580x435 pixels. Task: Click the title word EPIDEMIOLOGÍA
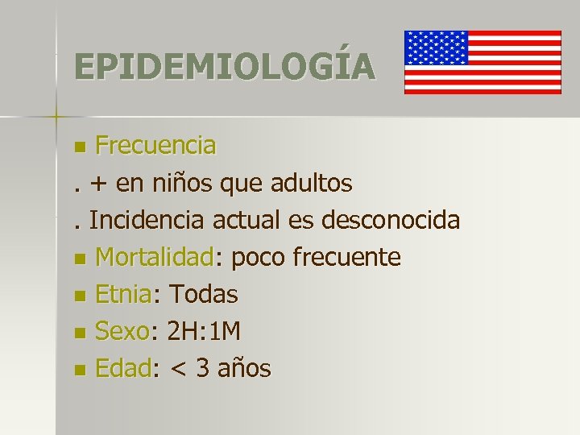[224, 66]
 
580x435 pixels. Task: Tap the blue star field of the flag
[436, 48]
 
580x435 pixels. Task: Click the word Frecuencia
[155, 146]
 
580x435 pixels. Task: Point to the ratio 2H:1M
[207, 331]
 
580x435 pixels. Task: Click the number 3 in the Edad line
[205, 368]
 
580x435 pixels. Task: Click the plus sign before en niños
[99, 184]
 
